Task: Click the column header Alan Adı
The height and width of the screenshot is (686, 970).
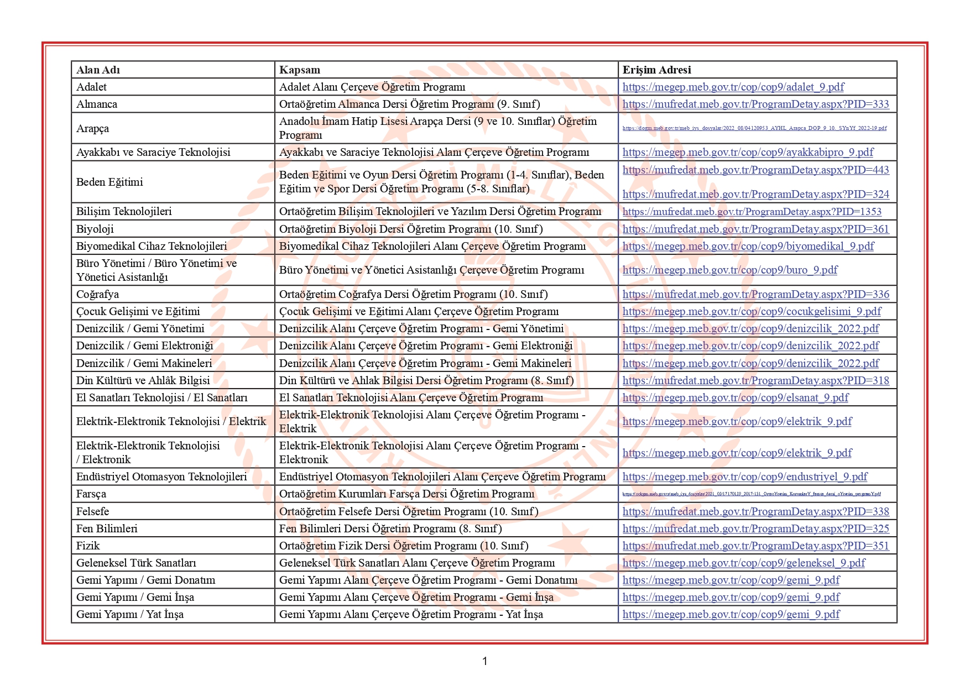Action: (x=98, y=70)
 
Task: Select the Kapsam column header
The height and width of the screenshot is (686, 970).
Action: (x=299, y=70)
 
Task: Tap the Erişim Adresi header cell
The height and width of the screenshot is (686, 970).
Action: (x=656, y=70)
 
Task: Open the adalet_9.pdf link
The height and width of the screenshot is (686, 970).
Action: (x=733, y=87)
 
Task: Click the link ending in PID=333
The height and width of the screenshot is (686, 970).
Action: (x=755, y=104)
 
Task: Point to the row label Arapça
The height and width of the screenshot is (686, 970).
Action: (x=92, y=128)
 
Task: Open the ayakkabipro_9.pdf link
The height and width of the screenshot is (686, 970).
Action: (x=748, y=152)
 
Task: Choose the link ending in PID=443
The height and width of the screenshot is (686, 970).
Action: (x=755, y=170)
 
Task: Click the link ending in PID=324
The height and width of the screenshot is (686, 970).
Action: (x=755, y=194)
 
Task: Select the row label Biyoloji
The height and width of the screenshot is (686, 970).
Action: (x=95, y=229)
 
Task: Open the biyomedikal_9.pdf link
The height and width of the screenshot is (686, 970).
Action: (x=748, y=246)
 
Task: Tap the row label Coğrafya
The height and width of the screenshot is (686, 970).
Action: (x=97, y=294)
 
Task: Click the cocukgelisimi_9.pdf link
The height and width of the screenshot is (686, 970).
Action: (x=752, y=311)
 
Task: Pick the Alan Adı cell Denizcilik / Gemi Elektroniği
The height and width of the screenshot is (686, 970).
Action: (x=144, y=345)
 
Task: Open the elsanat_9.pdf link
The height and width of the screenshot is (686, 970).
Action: (x=735, y=397)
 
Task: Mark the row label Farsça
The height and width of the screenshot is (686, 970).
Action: (x=91, y=494)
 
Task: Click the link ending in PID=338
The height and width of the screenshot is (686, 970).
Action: (x=755, y=511)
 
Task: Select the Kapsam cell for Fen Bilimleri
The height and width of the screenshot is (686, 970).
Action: (x=390, y=528)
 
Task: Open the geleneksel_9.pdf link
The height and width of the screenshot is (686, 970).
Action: (x=744, y=563)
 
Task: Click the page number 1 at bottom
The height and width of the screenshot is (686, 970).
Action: (x=485, y=661)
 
